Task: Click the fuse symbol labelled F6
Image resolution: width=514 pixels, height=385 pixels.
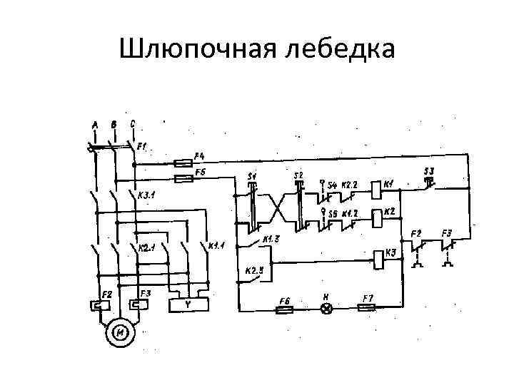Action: click(283, 309)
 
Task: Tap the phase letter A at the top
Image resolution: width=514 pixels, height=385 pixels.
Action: click(95, 125)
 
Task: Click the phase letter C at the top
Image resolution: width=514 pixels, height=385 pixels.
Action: click(133, 123)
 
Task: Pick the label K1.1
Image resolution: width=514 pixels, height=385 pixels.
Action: click(216, 247)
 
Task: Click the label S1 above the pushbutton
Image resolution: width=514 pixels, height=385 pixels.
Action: click(253, 175)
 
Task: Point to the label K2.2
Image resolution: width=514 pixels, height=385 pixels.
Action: click(351, 184)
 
